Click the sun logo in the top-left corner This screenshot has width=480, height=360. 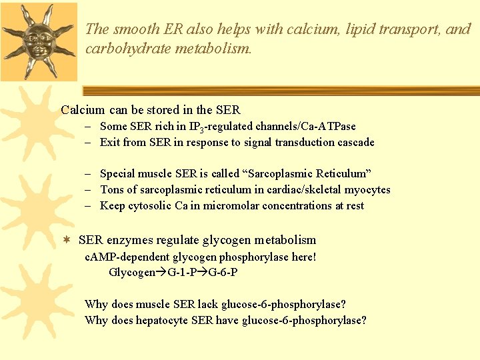39,40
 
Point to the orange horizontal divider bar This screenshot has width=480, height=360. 280,91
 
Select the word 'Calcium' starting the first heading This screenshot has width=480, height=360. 83,110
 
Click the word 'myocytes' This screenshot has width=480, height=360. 368,189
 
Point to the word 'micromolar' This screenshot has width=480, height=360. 223,205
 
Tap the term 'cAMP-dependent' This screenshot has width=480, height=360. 127,257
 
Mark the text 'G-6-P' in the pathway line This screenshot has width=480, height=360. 223,272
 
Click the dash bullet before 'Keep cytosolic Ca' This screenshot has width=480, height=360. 88,205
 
